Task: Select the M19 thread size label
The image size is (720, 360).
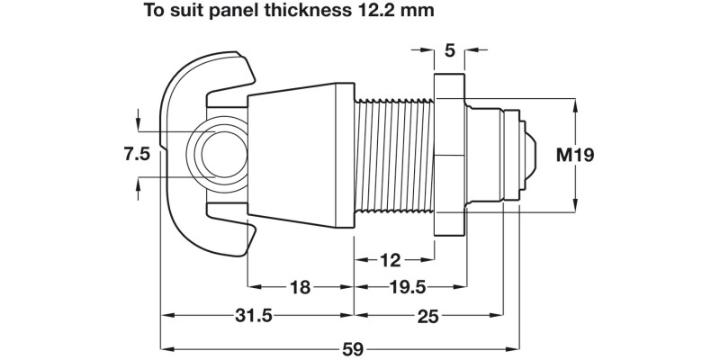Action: [573, 155]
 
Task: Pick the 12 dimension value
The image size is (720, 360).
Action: [389, 260]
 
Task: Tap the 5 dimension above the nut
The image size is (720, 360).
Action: [449, 50]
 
